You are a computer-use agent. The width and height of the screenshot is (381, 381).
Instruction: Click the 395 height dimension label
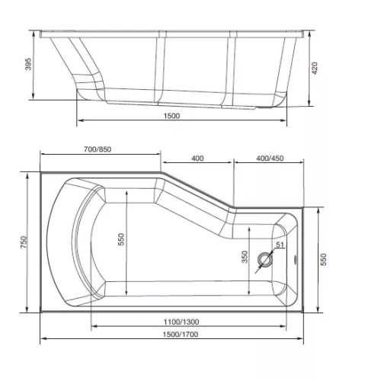(29, 64)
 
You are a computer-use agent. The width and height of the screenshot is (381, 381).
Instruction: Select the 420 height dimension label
(315, 68)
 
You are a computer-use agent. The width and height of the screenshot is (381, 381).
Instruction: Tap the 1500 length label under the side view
(171, 116)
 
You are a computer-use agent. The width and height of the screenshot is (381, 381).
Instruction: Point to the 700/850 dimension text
(98, 149)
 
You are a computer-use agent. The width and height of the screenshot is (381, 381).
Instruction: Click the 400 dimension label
(197, 158)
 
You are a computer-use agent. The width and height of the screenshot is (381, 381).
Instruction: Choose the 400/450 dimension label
(270, 158)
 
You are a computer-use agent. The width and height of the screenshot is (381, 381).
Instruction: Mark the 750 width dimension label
(24, 242)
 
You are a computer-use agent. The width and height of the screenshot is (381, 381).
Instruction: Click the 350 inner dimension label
(245, 257)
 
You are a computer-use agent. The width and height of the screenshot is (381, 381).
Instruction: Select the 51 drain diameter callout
(280, 245)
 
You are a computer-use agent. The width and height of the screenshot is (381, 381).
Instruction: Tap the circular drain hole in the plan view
(265, 260)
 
